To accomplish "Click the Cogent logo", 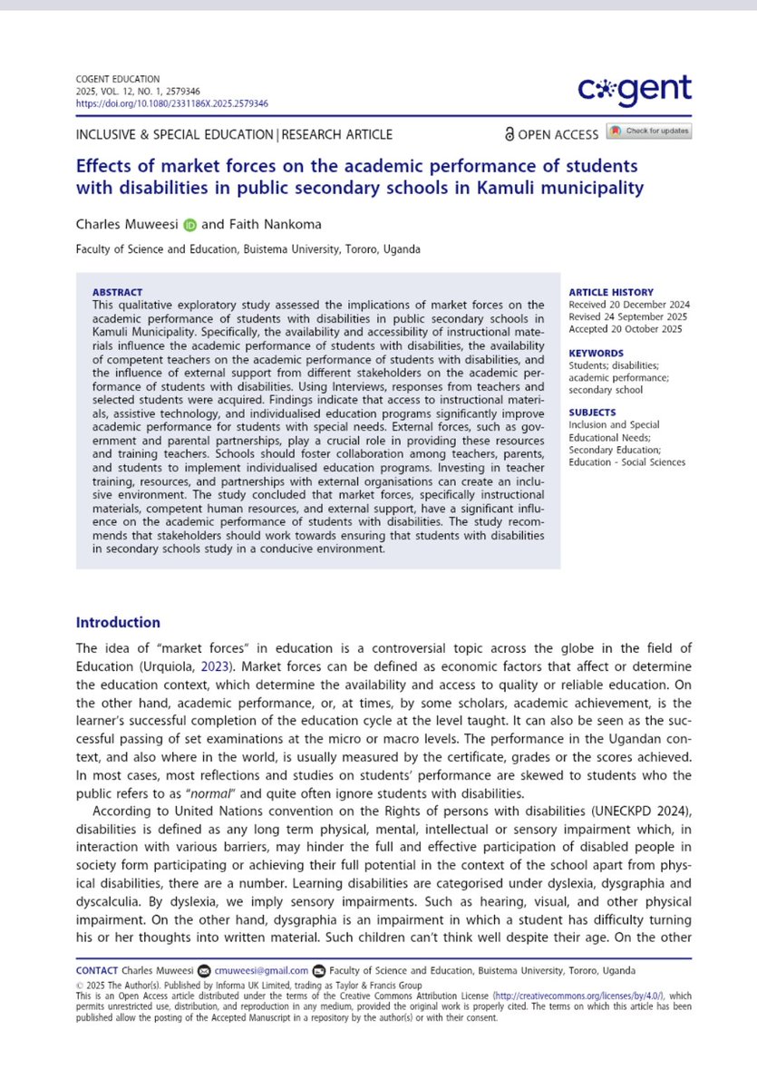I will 635,89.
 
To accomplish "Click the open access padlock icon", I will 510,134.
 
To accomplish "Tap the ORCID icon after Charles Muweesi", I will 189,226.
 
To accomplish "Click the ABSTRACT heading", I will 117,292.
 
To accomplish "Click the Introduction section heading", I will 118,622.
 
